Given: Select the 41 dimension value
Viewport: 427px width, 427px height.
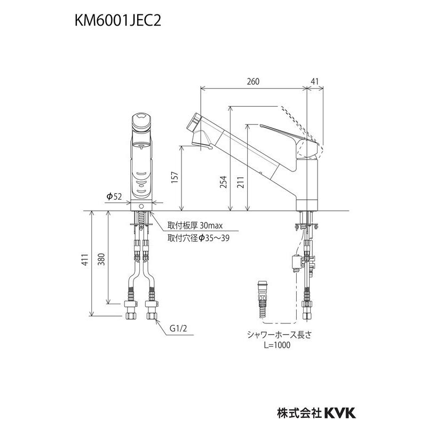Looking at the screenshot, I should [314, 81].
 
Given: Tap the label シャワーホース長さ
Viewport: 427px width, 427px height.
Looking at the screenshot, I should [270, 335].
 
